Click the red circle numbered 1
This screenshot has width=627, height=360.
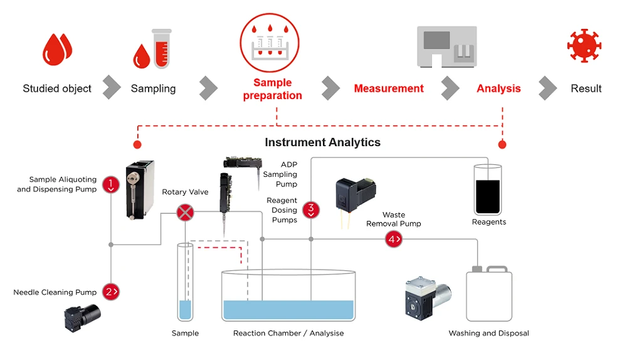[111, 184]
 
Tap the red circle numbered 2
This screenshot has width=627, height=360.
[111, 292]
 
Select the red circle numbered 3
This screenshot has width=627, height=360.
[311, 209]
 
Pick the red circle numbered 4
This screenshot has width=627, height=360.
[393, 239]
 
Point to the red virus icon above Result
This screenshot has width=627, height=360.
[584, 46]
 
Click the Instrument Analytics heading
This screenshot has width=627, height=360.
[322, 142]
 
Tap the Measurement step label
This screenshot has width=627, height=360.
[389, 88]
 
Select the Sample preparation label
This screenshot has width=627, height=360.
[273, 89]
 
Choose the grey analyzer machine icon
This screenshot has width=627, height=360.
[447, 46]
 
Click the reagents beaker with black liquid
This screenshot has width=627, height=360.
[488, 189]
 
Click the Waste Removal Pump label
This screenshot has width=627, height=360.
[394, 219]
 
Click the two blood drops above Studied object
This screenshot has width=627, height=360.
[58, 49]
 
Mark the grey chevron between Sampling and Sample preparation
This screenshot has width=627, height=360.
[208, 88]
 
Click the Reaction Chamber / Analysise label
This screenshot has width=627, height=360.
[288, 333]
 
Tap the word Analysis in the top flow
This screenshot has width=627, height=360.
[498, 88]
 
